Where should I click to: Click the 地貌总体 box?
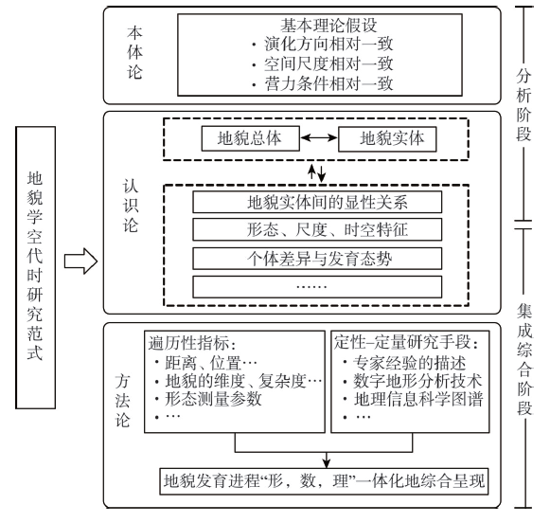[x=251, y=138]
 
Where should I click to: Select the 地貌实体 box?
[x=387, y=139]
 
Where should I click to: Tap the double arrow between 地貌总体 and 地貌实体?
[x=319, y=138]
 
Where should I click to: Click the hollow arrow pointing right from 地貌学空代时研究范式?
[x=80, y=261]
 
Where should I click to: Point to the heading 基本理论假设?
[x=328, y=25]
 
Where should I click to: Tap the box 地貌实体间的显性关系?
[x=317, y=202]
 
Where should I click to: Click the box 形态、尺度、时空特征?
[x=317, y=229]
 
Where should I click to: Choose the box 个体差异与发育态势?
[x=317, y=259]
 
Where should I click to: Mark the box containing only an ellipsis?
[x=317, y=287]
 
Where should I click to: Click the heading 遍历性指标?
[x=189, y=343]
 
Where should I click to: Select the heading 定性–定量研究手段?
[x=406, y=342]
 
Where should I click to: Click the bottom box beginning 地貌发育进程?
[x=324, y=481]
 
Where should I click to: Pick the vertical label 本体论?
[x=134, y=53]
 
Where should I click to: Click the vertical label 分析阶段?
[x=523, y=104]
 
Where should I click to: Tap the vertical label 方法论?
[x=123, y=401]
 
